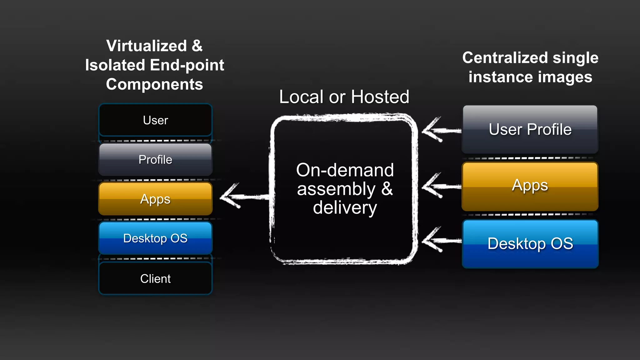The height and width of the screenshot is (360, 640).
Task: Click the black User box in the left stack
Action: [155, 120]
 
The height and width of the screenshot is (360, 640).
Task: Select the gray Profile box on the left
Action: [155, 160]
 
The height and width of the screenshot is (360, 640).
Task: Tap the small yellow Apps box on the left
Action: [155, 199]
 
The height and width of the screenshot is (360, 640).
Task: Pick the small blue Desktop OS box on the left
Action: [155, 238]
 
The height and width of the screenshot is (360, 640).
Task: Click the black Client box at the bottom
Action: [155, 278]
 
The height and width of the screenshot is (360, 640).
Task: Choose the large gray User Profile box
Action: [530, 129]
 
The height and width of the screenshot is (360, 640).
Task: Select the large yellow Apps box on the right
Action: [530, 186]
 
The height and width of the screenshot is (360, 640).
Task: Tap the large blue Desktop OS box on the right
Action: [530, 244]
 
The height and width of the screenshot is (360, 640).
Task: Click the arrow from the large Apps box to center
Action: [441, 186]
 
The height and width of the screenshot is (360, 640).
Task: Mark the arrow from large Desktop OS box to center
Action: [441, 240]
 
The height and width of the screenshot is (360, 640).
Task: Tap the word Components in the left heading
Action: [154, 84]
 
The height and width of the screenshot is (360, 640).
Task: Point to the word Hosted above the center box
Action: [380, 97]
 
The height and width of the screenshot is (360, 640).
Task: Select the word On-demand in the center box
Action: [345, 170]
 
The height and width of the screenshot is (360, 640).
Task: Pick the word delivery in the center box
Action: [345, 208]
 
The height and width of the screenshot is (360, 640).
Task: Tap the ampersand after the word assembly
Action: [387, 189]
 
